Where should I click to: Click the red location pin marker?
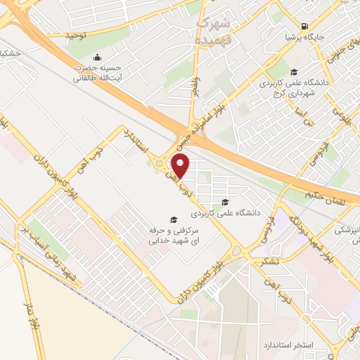click(181, 166)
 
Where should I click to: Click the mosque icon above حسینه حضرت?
click(96, 57)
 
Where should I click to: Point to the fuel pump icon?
click(304, 23)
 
